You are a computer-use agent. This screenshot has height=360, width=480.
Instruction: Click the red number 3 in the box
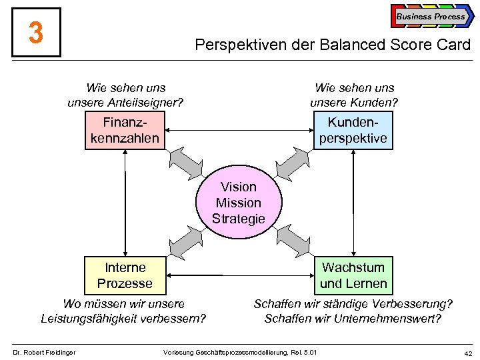click(36, 32)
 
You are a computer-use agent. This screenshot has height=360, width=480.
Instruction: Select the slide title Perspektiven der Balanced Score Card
click(332, 45)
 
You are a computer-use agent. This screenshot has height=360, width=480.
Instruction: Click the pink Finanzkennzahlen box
click(125, 130)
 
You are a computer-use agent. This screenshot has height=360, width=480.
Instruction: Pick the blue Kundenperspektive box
click(353, 130)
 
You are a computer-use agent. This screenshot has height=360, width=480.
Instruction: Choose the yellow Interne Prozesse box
click(125, 275)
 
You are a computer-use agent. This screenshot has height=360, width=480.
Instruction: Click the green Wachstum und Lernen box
click(353, 275)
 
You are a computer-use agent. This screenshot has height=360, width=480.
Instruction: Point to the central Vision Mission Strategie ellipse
click(238, 203)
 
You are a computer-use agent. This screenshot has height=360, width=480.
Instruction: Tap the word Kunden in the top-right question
click(373, 103)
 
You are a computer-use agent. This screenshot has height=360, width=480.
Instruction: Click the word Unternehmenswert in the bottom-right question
click(393, 319)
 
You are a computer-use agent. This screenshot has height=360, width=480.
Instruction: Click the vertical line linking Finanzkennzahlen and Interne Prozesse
click(125, 203)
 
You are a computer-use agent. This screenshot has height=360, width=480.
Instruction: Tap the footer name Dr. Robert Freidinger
click(45, 352)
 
